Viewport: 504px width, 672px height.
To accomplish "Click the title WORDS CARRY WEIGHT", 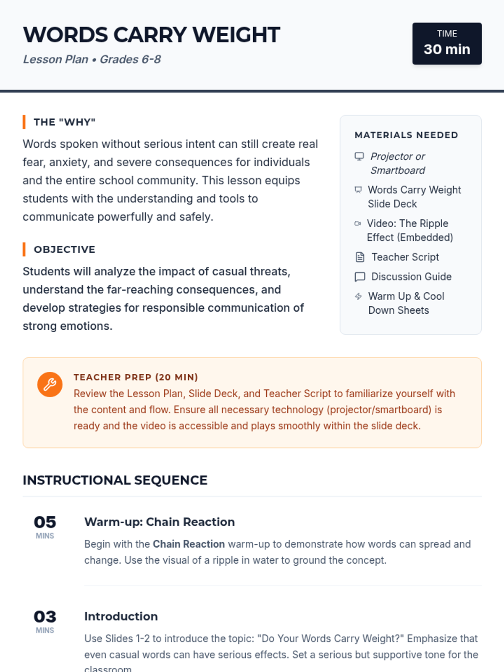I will click(x=151, y=35).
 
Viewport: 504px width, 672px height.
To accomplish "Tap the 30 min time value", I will click(x=447, y=49).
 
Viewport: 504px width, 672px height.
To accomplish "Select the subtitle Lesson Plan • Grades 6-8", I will click(x=92, y=59).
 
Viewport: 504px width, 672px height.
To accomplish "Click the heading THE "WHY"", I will click(x=65, y=122).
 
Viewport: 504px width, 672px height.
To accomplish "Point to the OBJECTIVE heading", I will click(x=65, y=249).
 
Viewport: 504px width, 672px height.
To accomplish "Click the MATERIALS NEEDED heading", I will click(x=406, y=135).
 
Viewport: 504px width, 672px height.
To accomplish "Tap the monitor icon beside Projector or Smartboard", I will click(x=359, y=156).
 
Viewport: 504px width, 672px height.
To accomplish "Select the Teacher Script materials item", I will click(x=405, y=257).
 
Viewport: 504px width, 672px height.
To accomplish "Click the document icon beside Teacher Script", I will click(x=360, y=257).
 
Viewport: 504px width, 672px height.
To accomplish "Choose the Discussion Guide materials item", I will click(x=411, y=277).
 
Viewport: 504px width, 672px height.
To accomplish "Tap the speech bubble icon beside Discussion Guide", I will click(x=360, y=277).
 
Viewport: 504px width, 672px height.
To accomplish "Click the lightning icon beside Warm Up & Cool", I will click(x=358, y=297).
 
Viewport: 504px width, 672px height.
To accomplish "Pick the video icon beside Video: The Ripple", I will click(x=358, y=223).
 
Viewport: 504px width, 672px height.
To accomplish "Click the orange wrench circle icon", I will click(x=50, y=384).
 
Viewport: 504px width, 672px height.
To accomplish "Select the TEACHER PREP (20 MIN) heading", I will click(x=136, y=377).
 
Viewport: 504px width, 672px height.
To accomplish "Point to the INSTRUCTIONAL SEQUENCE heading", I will click(x=115, y=480).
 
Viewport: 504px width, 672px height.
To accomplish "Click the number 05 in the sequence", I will click(x=45, y=522).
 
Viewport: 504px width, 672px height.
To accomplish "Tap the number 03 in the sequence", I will click(x=45, y=617).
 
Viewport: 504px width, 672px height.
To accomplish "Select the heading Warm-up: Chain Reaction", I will click(x=160, y=522).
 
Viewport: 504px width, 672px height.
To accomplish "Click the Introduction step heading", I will click(x=121, y=617).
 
